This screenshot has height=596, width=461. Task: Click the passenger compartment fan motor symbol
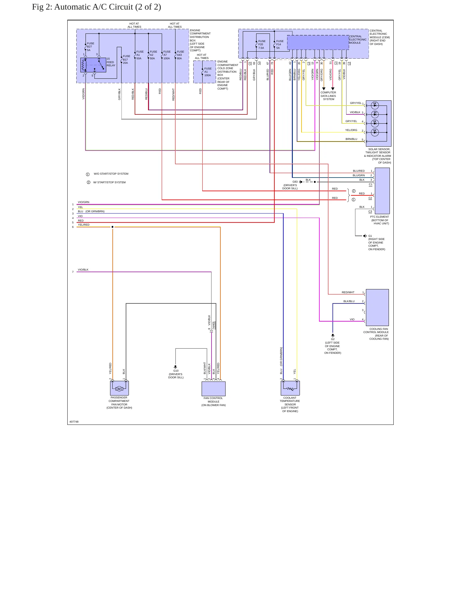click(119, 388)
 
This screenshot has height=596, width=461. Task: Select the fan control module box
click(213, 389)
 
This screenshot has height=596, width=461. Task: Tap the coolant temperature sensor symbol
click(290, 388)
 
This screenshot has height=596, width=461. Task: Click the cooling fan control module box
click(377, 307)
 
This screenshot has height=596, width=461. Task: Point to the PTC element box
click(382, 191)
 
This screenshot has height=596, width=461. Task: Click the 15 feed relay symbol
click(93, 65)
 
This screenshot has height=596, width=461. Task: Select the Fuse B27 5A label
click(91, 47)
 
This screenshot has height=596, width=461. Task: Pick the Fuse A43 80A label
click(180, 55)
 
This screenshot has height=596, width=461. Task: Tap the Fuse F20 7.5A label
click(262, 44)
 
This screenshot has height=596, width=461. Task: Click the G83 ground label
click(295, 182)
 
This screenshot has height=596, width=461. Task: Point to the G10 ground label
click(176, 371)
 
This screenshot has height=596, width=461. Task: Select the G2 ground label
click(333, 339)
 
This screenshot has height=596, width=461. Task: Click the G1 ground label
click(370, 236)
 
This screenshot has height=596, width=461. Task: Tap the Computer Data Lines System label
click(328, 96)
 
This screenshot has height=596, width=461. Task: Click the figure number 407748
click(74, 422)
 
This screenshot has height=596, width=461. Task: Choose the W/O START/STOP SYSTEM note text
click(111, 174)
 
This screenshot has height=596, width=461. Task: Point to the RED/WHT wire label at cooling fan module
click(348, 292)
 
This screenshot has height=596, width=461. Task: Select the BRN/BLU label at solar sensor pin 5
click(351, 139)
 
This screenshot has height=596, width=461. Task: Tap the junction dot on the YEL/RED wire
click(112, 227)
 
